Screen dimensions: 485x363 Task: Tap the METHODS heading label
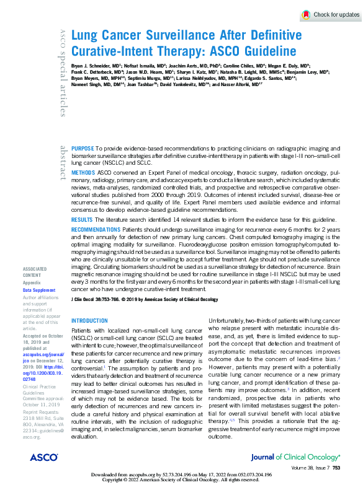(83, 171)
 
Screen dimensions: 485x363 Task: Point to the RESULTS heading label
(82, 220)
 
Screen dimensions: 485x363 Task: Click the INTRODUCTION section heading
(90, 321)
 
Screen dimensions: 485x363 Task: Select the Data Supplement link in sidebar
(38, 289)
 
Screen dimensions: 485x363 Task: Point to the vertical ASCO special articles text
(63, 72)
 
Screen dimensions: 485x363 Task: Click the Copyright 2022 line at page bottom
(181, 480)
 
